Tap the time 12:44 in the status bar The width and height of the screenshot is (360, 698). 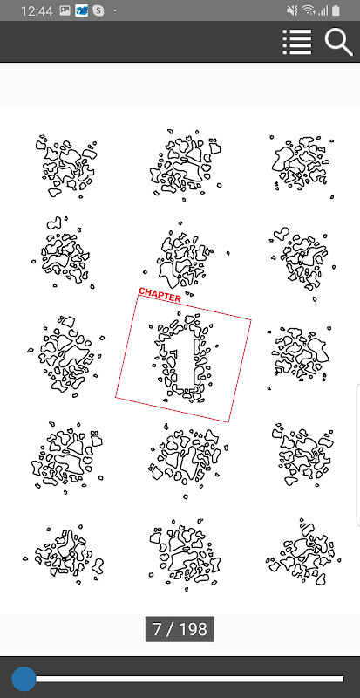click(36, 10)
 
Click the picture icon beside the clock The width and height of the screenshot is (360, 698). click(65, 10)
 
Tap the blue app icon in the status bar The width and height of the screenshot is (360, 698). click(82, 10)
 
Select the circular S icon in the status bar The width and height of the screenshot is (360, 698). click(98, 10)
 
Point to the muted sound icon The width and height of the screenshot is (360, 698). click(292, 10)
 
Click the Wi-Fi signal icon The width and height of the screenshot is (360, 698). click(308, 10)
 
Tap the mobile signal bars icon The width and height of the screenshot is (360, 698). click(323, 10)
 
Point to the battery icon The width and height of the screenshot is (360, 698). click(336, 10)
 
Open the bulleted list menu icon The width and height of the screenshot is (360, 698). click(297, 42)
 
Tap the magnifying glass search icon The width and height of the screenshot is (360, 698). click(338, 42)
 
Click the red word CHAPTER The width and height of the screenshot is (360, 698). click(160, 295)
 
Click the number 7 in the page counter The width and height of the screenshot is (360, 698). click(158, 629)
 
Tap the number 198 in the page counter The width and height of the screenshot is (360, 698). click(194, 629)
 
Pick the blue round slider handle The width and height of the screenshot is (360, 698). click(24, 679)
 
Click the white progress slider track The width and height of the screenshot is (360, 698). click(189, 679)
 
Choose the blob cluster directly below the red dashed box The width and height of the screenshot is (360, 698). click(187, 460)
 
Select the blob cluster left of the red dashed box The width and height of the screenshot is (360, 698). click(66, 355)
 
